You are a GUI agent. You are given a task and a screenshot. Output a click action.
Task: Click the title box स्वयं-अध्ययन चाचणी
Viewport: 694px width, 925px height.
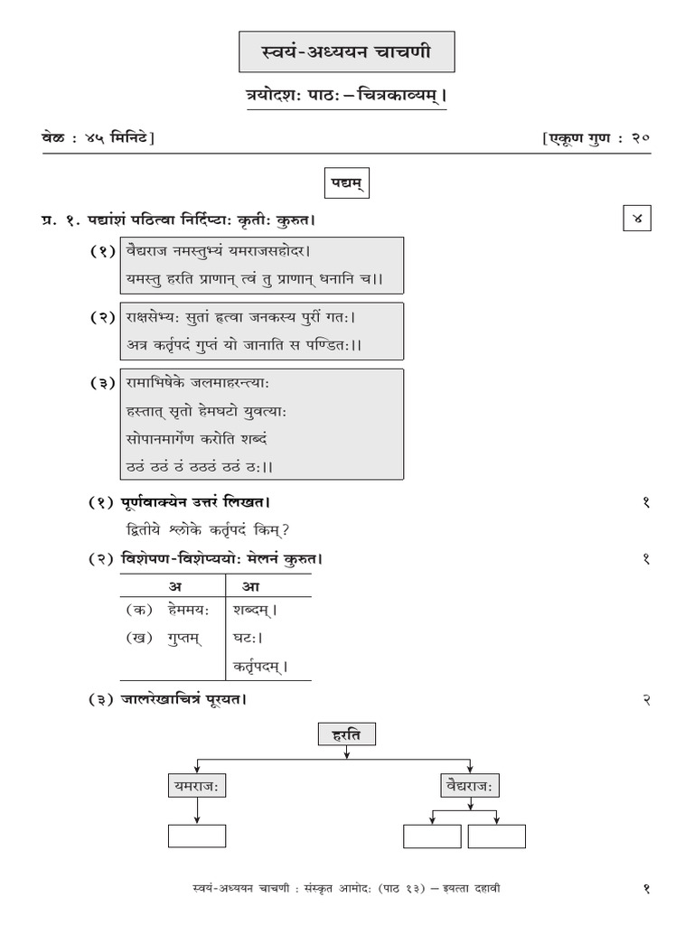tap(347, 52)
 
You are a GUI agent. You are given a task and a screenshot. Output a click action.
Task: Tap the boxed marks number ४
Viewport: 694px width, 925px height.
tap(636, 219)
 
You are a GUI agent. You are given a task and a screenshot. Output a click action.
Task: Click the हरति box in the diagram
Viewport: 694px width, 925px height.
tap(347, 735)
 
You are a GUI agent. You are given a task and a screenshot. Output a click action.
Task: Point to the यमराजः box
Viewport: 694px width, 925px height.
tap(197, 786)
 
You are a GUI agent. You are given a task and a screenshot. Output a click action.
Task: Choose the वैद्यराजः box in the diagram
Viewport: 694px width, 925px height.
tap(467, 786)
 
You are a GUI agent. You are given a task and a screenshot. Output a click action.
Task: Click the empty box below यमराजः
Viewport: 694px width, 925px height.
tap(197, 836)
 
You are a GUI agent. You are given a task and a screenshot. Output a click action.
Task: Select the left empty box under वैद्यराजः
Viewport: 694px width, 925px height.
tap(432, 836)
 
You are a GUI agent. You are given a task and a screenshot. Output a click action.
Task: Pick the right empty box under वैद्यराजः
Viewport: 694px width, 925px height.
tap(496, 836)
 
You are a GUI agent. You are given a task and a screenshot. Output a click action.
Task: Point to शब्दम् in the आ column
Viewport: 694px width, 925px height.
tap(255, 610)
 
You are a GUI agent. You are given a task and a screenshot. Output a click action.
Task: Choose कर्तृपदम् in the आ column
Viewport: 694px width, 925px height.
tap(260, 668)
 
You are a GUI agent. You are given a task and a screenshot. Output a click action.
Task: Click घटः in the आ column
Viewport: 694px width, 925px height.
tap(248, 638)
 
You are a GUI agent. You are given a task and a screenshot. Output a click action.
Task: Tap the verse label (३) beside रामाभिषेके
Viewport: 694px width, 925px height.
tap(102, 382)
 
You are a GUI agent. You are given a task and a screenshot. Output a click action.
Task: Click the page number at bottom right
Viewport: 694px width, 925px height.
tap(646, 888)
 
